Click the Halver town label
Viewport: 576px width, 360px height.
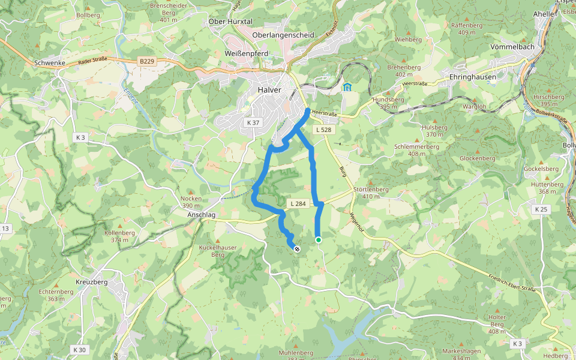tap(269, 90)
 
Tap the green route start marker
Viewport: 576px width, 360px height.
tap(319, 240)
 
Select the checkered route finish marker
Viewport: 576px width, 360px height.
tap(297, 247)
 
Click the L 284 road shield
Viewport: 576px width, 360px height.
tap(298, 204)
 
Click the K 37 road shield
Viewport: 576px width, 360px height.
tap(253, 122)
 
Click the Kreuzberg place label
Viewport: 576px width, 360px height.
tap(92, 281)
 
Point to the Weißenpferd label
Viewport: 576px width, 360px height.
tap(246, 53)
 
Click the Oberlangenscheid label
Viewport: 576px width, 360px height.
tap(283, 35)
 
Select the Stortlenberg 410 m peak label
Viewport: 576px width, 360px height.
tap(371, 193)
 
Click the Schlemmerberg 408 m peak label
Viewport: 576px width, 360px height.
tap(413, 149)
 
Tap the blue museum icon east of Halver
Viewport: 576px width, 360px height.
tap(347, 87)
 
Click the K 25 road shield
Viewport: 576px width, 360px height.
tap(541, 209)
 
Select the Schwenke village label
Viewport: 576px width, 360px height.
tap(49, 62)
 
